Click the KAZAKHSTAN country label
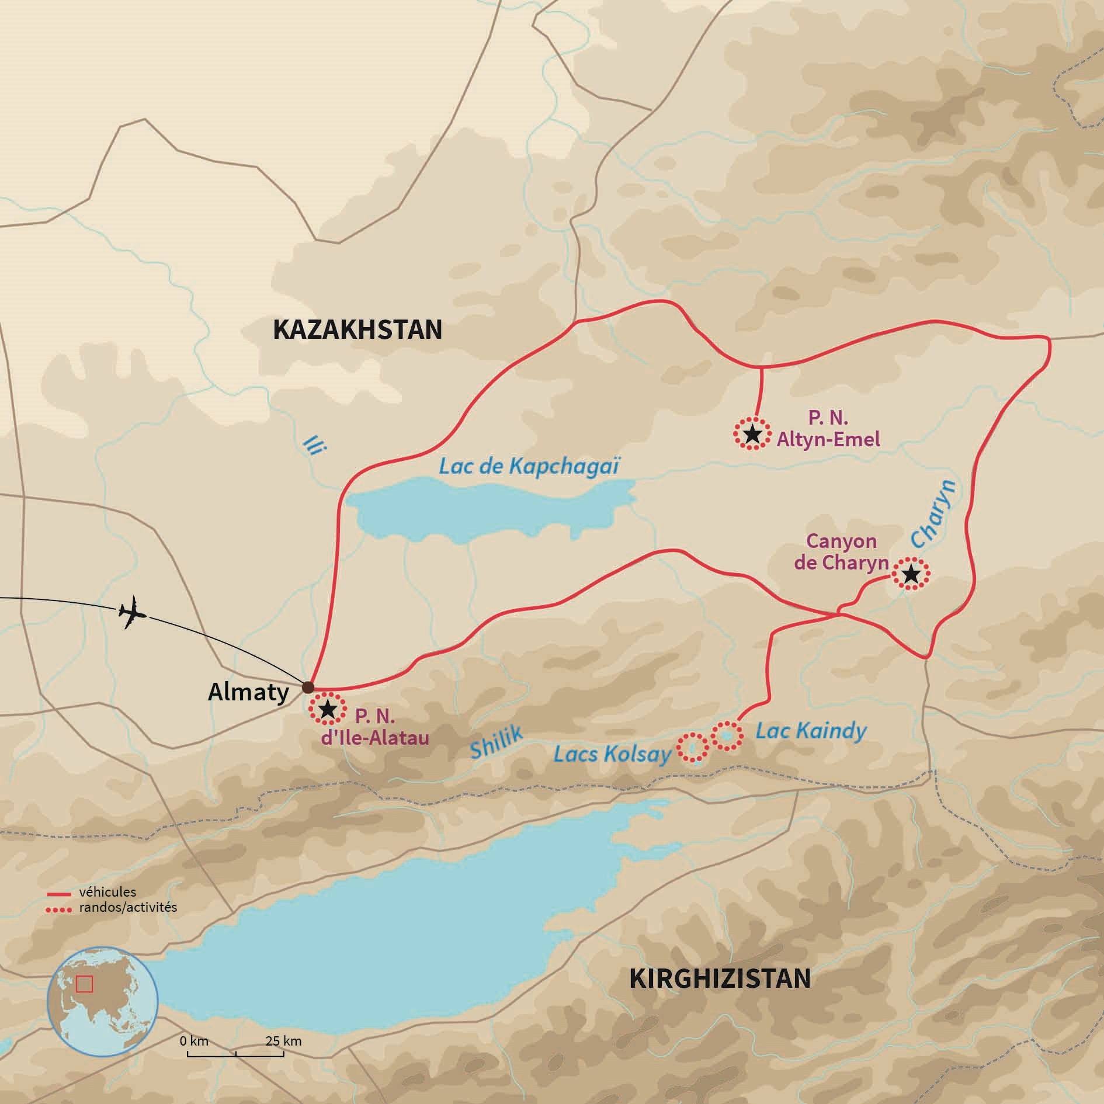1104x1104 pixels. (x=357, y=331)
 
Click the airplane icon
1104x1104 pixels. (x=131, y=612)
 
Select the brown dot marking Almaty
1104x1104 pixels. (x=307, y=688)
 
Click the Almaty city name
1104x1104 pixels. (x=249, y=693)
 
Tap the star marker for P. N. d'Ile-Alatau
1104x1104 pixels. (x=327, y=710)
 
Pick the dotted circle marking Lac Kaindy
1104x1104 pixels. (x=726, y=735)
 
